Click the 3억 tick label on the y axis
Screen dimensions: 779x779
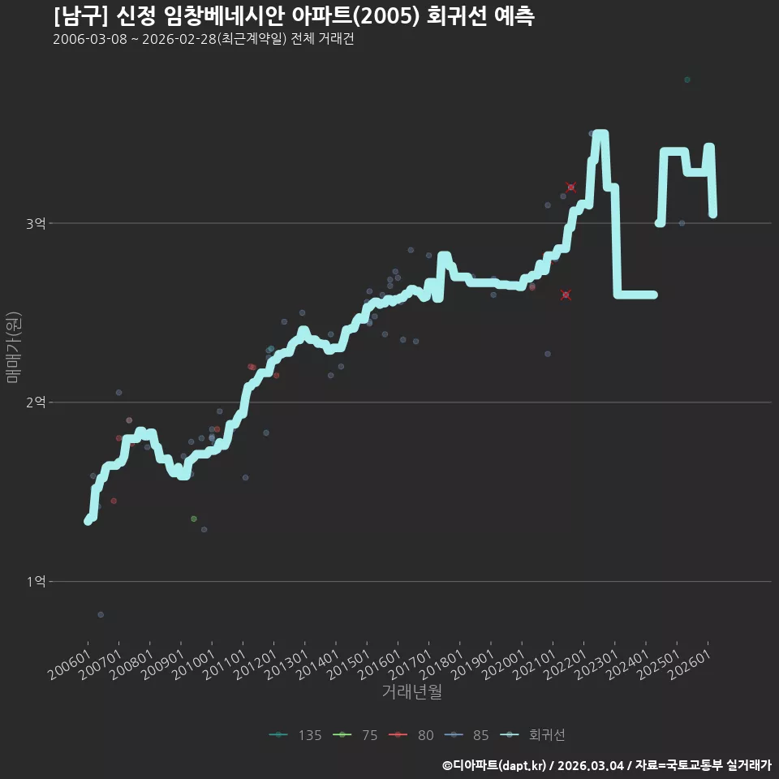pyautogui.click(x=36, y=224)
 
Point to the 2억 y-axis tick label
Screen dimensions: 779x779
pyautogui.click(x=36, y=402)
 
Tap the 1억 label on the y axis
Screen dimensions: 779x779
pyautogui.click(x=36, y=581)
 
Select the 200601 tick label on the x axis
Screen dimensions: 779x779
pyautogui.click(x=69, y=665)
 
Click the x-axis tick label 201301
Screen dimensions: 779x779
pyautogui.click(x=286, y=665)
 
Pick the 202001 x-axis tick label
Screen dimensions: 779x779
pyautogui.click(x=503, y=665)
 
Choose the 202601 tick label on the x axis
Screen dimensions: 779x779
pyautogui.click(x=690, y=665)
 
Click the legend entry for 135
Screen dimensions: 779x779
pyautogui.click(x=295, y=735)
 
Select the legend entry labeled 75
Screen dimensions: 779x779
pyautogui.click(x=355, y=735)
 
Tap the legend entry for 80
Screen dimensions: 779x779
pyautogui.click(x=411, y=735)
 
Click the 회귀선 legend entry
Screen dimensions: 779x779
pyautogui.click(x=532, y=735)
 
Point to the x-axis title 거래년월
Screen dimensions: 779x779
pyautogui.click(x=412, y=691)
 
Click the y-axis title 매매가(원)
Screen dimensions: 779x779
pyautogui.click(x=13, y=347)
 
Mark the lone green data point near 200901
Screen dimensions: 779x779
pyautogui.click(x=194, y=519)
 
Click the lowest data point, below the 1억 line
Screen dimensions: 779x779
pyautogui.click(x=101, y=614)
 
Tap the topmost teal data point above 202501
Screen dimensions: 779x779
pyautogui.click(x=687, y=80)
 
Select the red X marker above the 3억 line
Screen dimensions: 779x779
pyautogui.click(x=570, y=187)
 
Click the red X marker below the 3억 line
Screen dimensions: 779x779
pyautogui.click(x=566, y=295)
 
